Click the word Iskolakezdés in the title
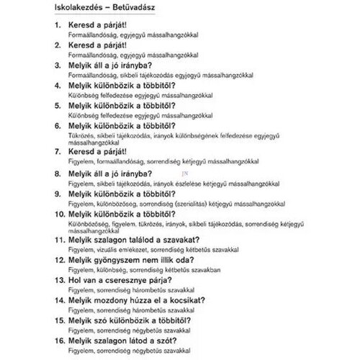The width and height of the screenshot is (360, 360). point(80,7)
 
